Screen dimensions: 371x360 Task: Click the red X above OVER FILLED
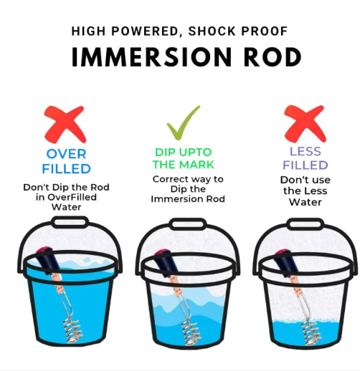[66, 124]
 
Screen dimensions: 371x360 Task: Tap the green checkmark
[184, 123]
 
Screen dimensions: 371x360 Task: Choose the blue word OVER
[67, 155]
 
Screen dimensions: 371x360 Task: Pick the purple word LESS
[305, 152]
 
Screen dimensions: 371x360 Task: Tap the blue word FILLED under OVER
[67, 169]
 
